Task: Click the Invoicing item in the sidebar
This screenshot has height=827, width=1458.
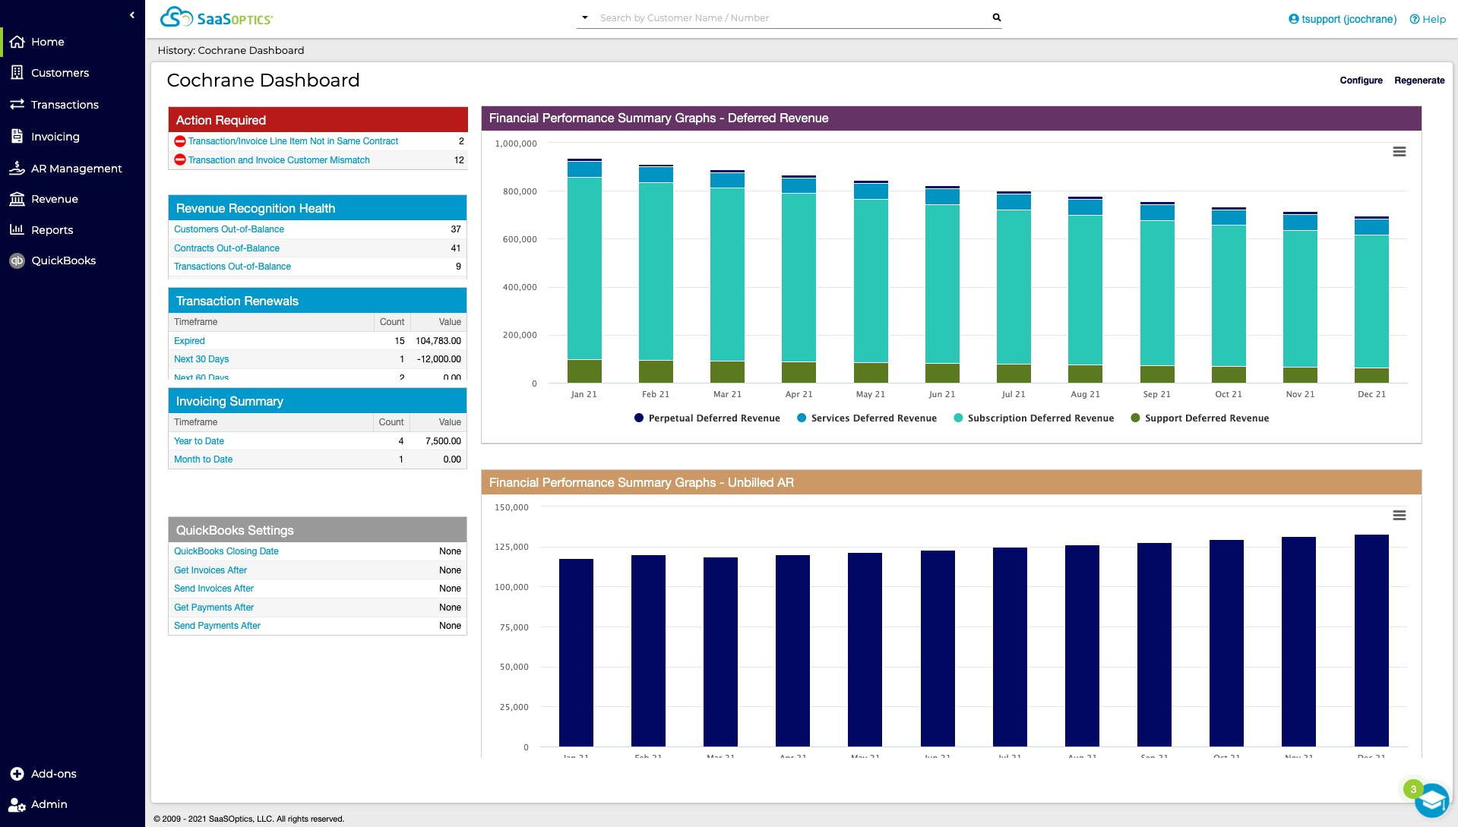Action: (x=55, y=137)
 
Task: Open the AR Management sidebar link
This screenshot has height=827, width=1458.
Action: (x=76, y=169)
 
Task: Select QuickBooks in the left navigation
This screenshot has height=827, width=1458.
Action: (x=63, y=260)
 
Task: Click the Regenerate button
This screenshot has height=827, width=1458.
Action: (x=1418, y=80)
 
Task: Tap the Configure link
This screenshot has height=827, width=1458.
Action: (x=1361, y=80)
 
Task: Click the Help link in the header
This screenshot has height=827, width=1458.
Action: (x=1428, y=19)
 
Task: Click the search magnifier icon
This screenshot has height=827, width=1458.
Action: (x=996, y=17)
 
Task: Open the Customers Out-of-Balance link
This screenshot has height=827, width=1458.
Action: (x=229, y=229)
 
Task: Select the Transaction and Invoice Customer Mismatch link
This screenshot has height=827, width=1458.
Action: (x=279, y=160)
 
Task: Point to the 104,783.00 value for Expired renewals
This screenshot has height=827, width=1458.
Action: (x=438, y=341)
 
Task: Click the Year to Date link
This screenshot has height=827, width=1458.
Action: (x=199, y=441)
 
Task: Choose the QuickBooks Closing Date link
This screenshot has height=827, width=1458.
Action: (x=226, y=551)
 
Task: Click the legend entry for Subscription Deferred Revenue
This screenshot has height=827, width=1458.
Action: (x=1040, y=418)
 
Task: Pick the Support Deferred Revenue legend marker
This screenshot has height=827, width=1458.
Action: (x=1135, y=418)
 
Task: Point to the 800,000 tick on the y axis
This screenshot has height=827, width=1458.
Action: (x=520, y=191)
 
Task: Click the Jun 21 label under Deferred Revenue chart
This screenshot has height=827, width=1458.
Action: (x=941, y=394)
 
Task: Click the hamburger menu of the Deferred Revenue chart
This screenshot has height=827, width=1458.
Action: (x=1399, y=152)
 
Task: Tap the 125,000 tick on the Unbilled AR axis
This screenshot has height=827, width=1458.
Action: (x=511, y=547)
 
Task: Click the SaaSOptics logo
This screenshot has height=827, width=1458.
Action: (x=217, y=17)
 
